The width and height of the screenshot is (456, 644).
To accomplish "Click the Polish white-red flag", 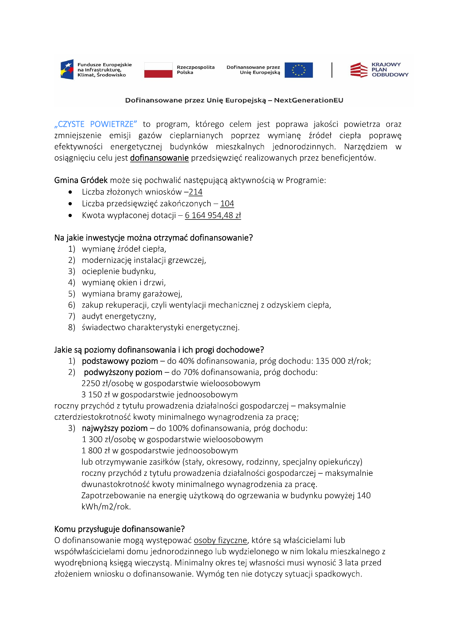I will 158,70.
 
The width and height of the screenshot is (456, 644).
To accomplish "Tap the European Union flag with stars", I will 298,70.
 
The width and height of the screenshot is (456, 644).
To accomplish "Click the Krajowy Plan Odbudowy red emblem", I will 359,70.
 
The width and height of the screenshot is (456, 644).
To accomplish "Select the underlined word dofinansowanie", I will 159,158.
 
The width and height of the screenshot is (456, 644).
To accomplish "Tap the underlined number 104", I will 227,204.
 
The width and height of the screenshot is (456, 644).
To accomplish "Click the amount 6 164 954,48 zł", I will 213,215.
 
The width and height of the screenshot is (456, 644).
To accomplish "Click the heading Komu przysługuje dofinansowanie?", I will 119,529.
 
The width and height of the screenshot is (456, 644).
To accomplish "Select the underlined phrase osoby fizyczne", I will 220,540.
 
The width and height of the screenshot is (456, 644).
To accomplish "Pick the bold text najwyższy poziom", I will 115,428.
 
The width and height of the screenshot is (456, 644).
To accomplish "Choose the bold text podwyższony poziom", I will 123,372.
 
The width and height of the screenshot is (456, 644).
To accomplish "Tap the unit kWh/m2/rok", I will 106,506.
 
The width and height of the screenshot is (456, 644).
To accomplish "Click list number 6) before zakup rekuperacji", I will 72,305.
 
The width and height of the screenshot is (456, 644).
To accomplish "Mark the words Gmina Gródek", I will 81,180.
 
